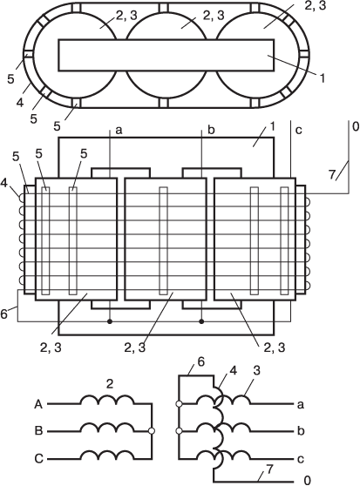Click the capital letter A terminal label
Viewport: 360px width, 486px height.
[38, 404]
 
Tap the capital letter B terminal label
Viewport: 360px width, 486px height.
[38, 431]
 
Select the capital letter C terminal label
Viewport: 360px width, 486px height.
[38, 458]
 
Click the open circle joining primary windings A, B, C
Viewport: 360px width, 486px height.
[152, 431]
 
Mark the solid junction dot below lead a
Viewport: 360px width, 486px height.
[110, 321]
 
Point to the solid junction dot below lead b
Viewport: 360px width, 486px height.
[201, 321]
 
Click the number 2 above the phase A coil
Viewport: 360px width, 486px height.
[110, 385]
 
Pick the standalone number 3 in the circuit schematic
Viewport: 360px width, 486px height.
[257, 371]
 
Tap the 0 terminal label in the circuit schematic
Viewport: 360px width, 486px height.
[307, 480]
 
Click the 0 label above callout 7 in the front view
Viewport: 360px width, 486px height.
[356, 126]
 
